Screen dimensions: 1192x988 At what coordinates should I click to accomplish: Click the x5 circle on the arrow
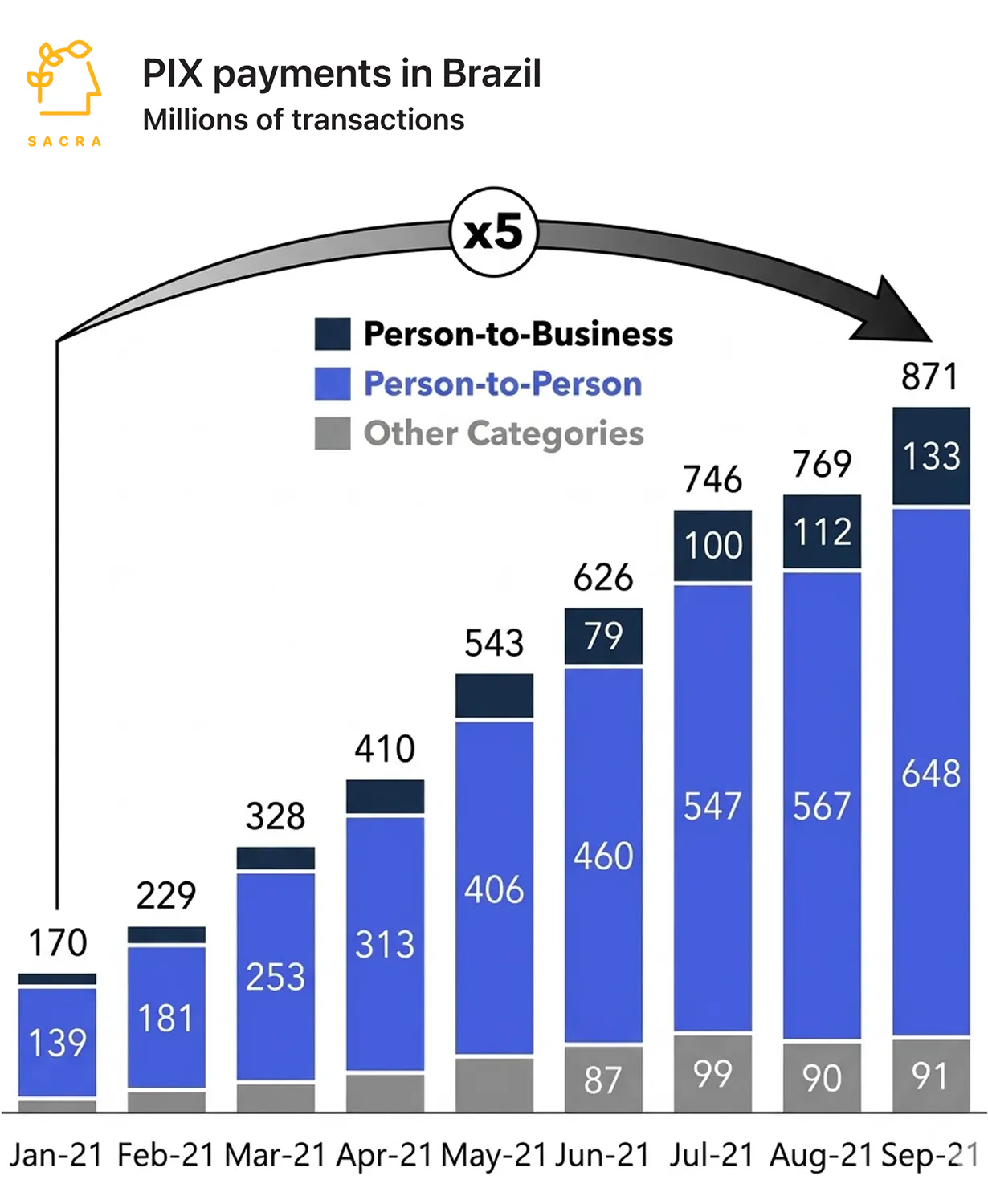tap(493, 232)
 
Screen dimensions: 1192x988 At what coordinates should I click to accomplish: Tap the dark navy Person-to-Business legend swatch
tap(332, 334)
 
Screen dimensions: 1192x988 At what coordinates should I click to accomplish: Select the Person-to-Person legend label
tap(503, 384)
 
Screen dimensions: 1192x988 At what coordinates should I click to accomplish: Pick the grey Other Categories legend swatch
tap(332, 433)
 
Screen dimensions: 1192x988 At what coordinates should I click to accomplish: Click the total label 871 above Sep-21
tap(929, 376)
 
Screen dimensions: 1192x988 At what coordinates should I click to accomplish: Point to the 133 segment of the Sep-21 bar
tap(931, 456)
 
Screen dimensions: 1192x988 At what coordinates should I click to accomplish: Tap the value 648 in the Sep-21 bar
tap(931, 773)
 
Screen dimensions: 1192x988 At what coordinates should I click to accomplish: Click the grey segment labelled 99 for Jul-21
tap(712, 1073)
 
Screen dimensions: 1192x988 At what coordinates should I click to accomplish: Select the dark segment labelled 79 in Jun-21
tap(603, 636)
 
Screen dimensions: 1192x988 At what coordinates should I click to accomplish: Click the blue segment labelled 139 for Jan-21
tap(57, 1042)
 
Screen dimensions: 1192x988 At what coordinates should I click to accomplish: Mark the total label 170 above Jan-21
tap(57, 942)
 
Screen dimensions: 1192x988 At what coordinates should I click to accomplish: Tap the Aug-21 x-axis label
tap(821, 1155)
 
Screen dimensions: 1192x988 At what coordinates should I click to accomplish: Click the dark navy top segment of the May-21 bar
tap(494, 695)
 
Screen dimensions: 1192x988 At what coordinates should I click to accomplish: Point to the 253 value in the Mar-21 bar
tap(276, 977)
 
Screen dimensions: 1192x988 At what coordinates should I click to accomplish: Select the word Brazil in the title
tap(492, 73)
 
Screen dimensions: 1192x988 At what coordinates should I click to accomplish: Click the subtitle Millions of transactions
tap(304, 120)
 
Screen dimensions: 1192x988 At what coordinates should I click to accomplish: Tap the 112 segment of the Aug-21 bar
tap(822, 531)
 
